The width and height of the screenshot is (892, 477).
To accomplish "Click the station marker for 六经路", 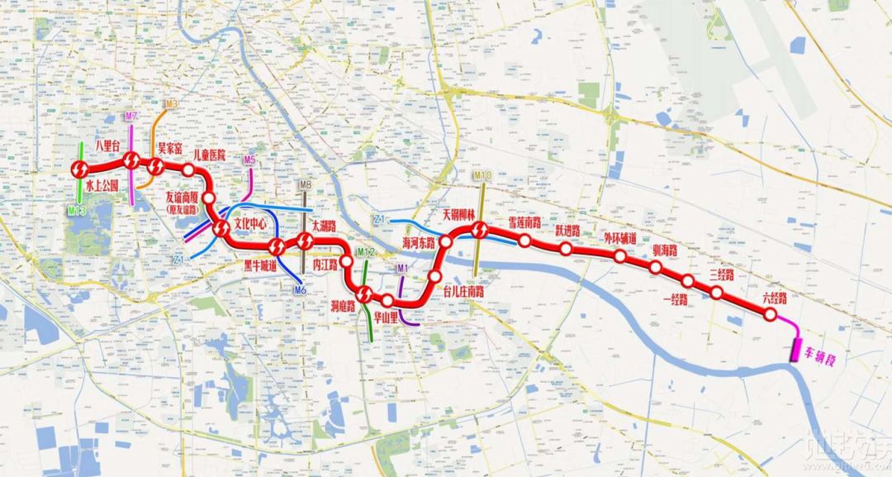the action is (770, 316).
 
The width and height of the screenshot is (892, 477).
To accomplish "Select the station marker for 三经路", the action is (717, 293).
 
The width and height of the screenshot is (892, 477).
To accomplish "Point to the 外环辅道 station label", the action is (619, 239).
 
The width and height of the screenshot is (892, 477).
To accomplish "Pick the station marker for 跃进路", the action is (566, 248).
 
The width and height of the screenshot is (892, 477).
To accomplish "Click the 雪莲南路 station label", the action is (524, 223).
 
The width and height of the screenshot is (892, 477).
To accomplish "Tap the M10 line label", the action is (482, 176).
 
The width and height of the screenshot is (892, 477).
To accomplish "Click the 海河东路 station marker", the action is (445, 241).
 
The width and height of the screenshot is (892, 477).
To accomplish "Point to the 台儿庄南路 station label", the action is (463, 292).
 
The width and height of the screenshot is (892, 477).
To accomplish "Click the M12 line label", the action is (366, 251).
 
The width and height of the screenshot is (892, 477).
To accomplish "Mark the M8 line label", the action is (305, 185).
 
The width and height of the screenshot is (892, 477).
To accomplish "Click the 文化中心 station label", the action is (251, 224).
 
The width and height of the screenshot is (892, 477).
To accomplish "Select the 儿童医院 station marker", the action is (188, 170).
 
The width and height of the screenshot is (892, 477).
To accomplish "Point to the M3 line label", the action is (171, 105).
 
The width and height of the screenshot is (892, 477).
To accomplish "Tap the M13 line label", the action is (77, 212).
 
